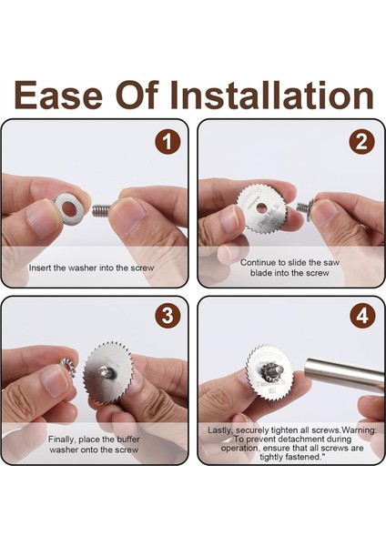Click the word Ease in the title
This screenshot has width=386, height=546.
point(58,95)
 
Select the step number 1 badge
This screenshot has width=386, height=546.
point(168,143)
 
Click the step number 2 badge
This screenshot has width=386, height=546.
point(362,143)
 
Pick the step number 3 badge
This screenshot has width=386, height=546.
point(168,316)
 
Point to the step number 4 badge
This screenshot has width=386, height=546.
point(362,316)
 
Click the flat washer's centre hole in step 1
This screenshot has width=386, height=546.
point(70,210)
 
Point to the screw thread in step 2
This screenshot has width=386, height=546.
point(302,207)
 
